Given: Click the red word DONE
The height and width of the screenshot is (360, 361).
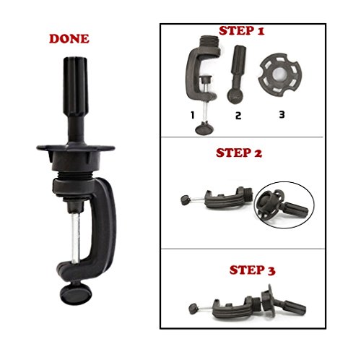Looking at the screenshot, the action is (69, 39).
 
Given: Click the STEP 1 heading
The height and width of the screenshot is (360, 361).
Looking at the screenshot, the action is (242, 31).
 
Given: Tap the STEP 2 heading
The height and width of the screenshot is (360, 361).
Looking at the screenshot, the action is (239, 153).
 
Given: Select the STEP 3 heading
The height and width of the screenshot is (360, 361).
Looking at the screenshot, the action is (252, 270).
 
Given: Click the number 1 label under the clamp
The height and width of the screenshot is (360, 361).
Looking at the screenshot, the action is (192, 115).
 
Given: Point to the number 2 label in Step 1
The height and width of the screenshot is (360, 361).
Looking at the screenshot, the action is (238, 116).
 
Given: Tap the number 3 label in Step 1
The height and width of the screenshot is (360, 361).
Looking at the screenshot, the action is (282, 114).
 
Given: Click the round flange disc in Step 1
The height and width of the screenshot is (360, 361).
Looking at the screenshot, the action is (279, 74).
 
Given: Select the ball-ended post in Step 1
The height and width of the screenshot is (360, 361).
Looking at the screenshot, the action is (237, 74).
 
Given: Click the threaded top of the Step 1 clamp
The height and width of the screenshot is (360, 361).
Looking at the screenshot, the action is (209, 42).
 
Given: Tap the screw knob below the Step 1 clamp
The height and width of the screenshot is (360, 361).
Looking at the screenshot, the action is (204, 129).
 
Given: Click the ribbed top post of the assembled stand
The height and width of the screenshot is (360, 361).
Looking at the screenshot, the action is (75, 87).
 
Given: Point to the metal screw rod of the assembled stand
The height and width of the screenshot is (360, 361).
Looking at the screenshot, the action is (76, 237).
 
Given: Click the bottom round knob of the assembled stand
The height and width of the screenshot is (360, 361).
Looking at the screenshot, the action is (76, 294).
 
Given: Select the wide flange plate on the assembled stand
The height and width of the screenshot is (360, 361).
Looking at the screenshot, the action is (76, 147).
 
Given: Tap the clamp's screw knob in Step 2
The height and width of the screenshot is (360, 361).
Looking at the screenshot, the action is (185, 200).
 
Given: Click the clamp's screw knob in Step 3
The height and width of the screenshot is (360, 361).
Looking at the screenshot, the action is (193, 309).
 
